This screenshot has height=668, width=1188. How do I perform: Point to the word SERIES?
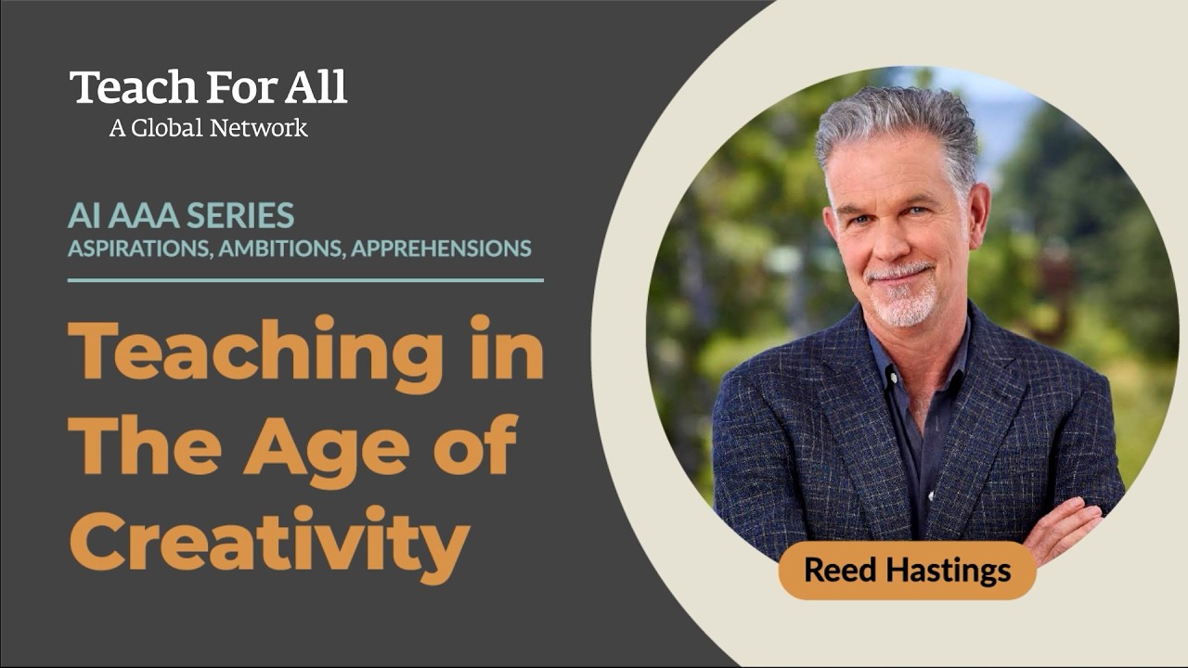pyautogui.click(x=240, y=216)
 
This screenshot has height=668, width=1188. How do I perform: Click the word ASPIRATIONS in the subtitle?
pyautogui.click(x=140, y=249)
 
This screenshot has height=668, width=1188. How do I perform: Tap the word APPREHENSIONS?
pyautogui.click(x=441, y=249)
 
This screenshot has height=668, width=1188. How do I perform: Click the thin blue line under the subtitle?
pyautogui.click(x=305, y=279)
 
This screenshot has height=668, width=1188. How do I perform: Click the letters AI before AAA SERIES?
pyautogui.click(x=81, y=216)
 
